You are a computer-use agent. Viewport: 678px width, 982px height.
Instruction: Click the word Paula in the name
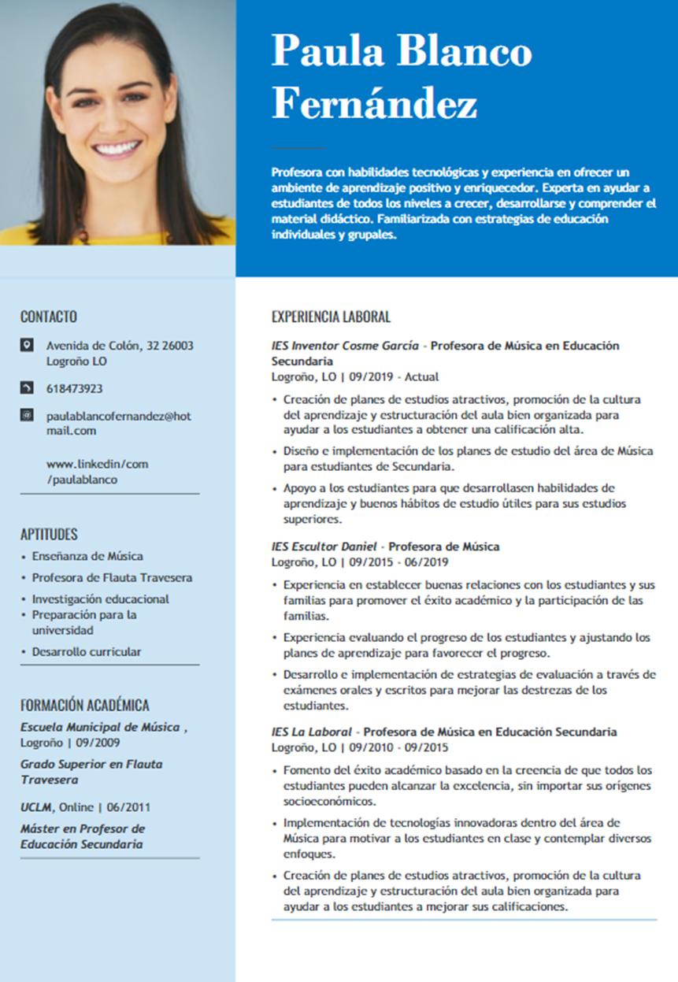tap(328, 51)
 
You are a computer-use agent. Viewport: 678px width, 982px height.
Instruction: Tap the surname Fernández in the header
tap(375, 103)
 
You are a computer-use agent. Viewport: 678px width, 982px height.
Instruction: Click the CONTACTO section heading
tap(49, 317)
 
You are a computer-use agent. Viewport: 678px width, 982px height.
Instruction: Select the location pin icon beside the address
tap(28, 345)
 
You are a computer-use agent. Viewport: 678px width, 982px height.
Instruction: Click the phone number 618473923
tap(75, 389)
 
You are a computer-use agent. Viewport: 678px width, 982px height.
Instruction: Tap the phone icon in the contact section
tap(28, 388)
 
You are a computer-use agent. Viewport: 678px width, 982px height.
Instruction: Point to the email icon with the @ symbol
tap(28, 415)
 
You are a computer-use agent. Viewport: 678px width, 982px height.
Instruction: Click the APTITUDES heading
tap(49, 534)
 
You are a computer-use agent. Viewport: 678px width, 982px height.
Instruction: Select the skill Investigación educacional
tap(100, 599)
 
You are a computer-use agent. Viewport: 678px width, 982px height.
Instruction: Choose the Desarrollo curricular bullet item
tap(87, 652)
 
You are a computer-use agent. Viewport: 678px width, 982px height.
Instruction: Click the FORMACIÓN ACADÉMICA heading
tap(84, 706)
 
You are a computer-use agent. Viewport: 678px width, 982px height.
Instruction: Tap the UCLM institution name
tap(36, 807)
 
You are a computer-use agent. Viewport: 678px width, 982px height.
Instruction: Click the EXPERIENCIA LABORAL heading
tap(331, 317)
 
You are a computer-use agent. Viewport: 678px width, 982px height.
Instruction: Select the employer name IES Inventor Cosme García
tap(345, 346)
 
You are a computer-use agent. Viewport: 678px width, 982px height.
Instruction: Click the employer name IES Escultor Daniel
tap(322, 547)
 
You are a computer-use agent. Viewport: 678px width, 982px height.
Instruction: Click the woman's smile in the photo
tap(117, 147)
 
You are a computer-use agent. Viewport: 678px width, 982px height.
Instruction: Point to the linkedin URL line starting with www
tap(97, 464)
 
